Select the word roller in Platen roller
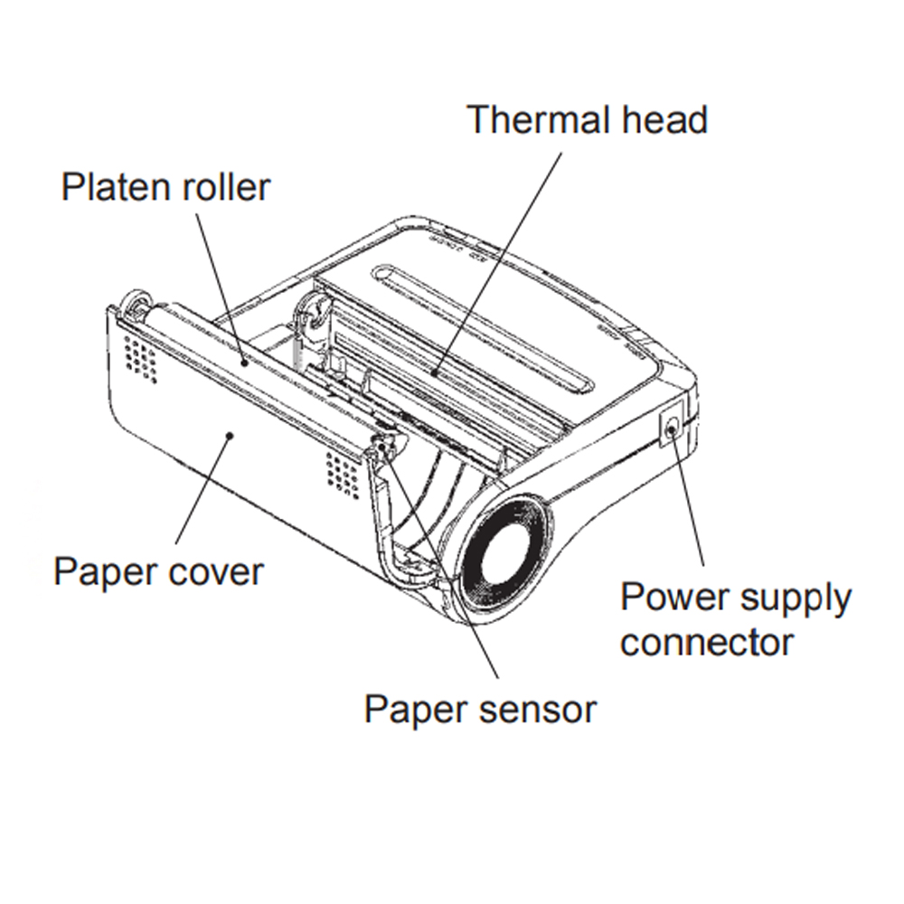pos(224,187)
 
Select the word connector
pos(707,643)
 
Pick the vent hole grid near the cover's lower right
pos(342,468)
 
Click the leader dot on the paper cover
pos(232,435)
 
